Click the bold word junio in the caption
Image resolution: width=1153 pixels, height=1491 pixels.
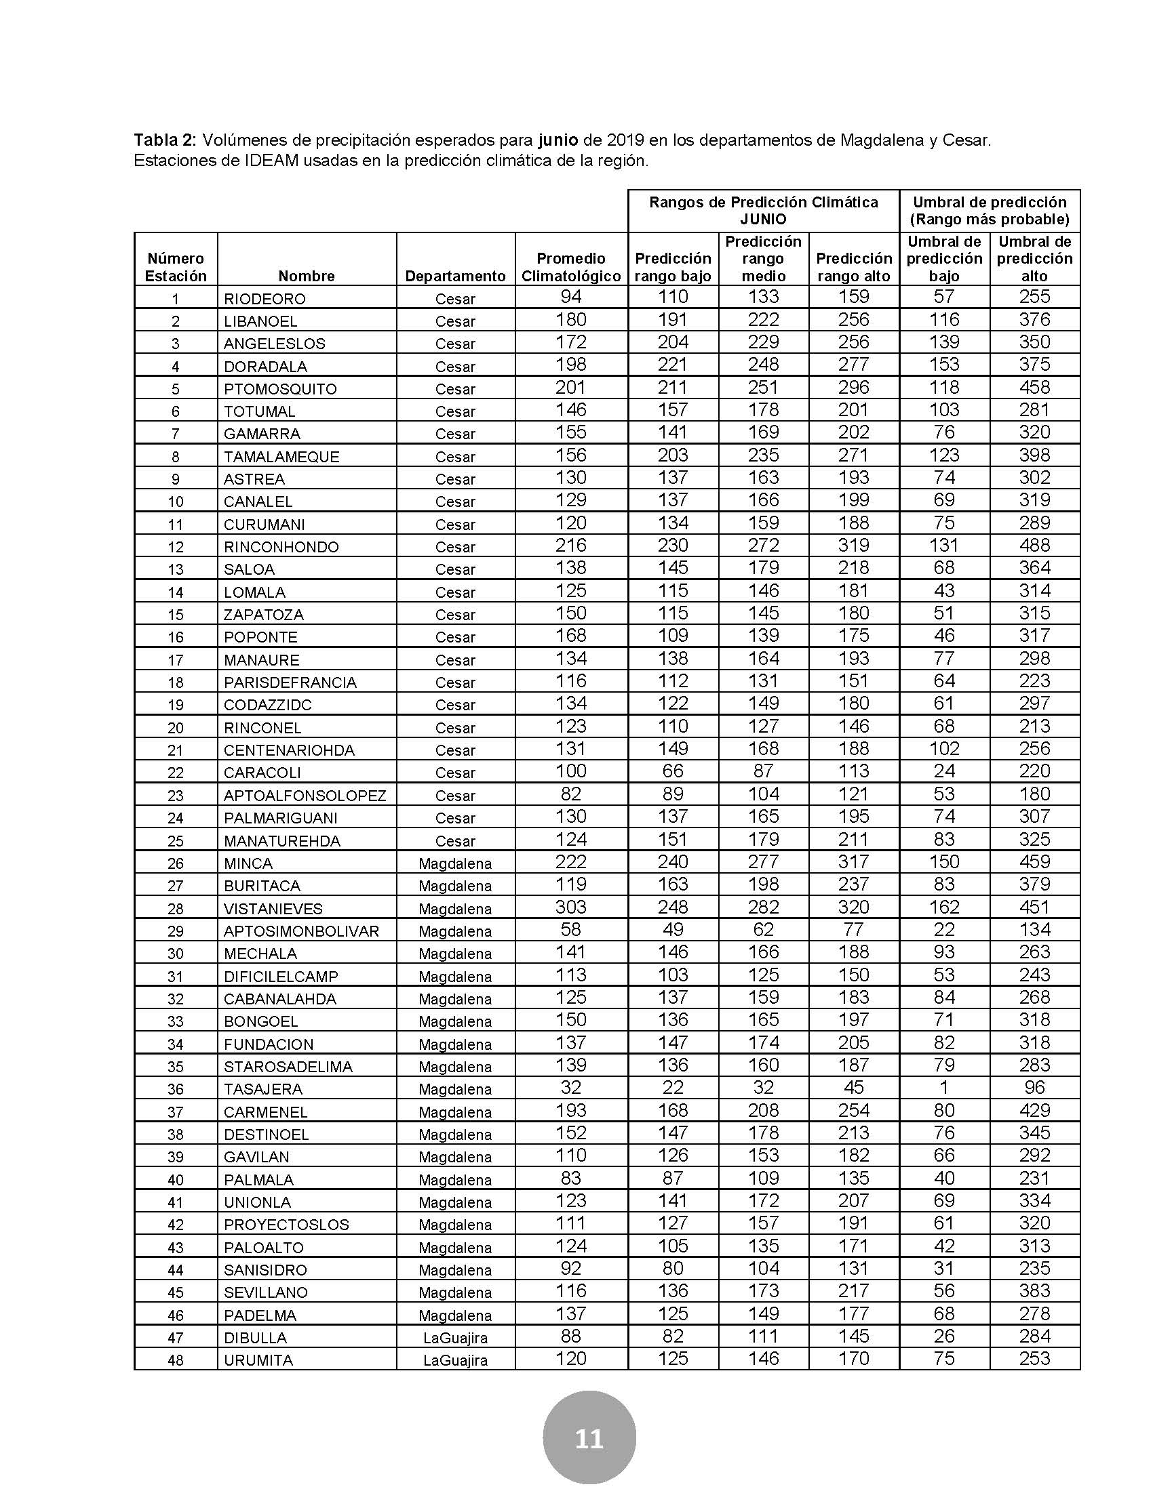coord(558,141)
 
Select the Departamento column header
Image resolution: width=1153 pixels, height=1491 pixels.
coord(455,276)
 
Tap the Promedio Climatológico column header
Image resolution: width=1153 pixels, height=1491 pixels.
coord(571,267)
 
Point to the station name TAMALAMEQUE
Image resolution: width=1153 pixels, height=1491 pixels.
coord(281,457)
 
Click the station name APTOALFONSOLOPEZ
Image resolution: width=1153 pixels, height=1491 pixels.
coord(305,796)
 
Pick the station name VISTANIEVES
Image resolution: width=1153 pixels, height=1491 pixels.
coord(273,909)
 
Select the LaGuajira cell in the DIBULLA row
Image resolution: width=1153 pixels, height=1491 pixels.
coord(455,1337)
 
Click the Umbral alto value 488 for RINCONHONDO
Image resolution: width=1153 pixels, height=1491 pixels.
coord(1034,546)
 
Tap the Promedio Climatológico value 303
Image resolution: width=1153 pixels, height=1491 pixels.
coord(570,907)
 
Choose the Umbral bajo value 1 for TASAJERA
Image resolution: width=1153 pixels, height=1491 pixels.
coord(944,1088)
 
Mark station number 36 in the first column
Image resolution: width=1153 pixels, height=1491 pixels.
coord(176,1089)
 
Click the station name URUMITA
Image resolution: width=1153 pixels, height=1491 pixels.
coord(258,1360)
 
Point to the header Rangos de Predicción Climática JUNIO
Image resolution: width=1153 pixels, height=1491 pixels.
coord(763,210)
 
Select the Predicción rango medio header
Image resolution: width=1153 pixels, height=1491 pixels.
coord(763,259)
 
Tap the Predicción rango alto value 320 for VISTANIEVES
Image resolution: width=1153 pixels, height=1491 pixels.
coord(853,907)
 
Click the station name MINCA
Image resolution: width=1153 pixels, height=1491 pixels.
coord(248,863)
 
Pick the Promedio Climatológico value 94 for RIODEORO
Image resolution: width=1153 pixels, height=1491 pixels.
coord(570,297)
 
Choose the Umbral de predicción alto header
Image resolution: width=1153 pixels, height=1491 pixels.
coord(1034,259)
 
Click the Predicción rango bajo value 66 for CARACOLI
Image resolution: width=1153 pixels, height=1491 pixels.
coord(673,771)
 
